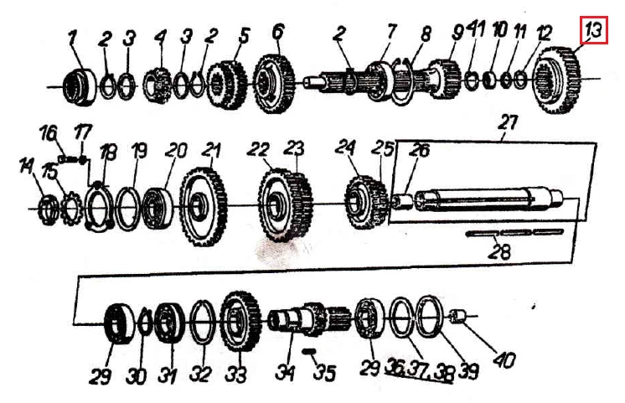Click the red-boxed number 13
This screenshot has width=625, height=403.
pyautogui.click(x=593, y=30)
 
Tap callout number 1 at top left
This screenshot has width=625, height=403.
pyautogui.click(x=72, y=39)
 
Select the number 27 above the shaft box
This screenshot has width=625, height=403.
pyautogui.click(x=508, y=122)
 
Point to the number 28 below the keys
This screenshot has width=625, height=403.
pyautogui.click(x=500, y=252)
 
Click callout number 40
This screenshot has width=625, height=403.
pyautogui.click(x=504, y=360)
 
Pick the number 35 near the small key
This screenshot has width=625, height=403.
pyautogui.click(x=324, y=373)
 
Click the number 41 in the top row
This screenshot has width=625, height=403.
pyautogui.click(x=476, y=30)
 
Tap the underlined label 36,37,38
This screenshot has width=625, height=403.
pyautogui.click(x=420, y=373)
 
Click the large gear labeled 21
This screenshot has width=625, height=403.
pyautogui.click(x=204, y=206)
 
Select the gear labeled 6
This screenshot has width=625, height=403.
pyautogui.click(x=274, y=84)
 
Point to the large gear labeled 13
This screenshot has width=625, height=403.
pyautogui.click(x=557, y=80)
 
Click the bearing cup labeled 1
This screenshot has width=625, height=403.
pyautogui.click(x=80, y=87)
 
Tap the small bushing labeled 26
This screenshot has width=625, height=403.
pyautogui.click(x=402, y=201)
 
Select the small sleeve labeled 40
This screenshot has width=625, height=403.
pyautogui.click(x=457, y=317)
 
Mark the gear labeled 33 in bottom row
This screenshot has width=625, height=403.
pyautogui.click(x=240, y=321)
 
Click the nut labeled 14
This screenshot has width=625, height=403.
pyautogui.click(x=49, y=208)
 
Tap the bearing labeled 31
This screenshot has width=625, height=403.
pyautogui.click(x=168, y=323)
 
